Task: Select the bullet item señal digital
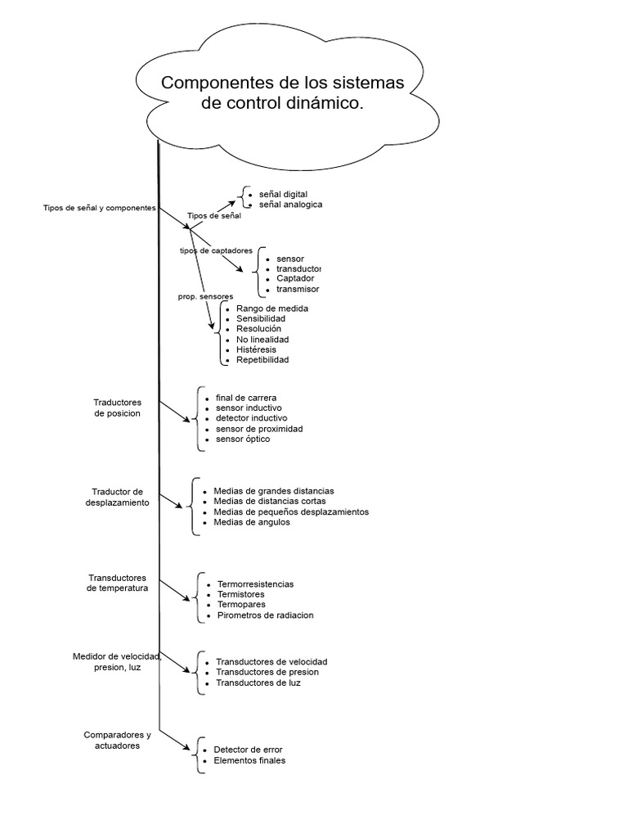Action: point(283,194)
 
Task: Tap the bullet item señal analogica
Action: point(290,205)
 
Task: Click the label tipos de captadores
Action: point(216,250)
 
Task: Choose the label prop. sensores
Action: point(205,295)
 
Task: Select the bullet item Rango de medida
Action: point(271,308)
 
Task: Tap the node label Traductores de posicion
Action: point(118,408)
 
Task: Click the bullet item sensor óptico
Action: point(243,439)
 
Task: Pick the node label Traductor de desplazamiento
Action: point(118,497)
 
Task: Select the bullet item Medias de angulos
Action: point(252,522)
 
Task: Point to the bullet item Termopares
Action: point(241,605)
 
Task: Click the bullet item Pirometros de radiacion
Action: point(266,615)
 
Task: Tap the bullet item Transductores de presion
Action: point(267,672)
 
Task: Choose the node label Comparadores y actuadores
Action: point(118,740)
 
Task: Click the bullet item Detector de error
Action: point(248,750)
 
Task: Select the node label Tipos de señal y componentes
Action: point(99,208)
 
